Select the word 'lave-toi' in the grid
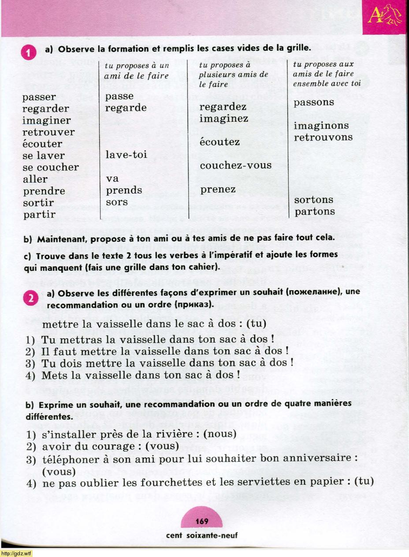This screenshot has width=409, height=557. click(126, 155)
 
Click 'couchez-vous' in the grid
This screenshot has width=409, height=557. click(235, 166)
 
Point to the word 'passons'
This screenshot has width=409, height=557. click(314, 102)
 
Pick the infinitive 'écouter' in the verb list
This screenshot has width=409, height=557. click(42, 144)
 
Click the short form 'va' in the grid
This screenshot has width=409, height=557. click(112, 179)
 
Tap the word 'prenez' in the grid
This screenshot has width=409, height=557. click(218, 190)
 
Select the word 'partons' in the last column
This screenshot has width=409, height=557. click(315, 212)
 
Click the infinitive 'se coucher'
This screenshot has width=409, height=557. click(50, 168)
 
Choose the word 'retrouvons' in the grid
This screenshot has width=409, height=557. click(323, 137)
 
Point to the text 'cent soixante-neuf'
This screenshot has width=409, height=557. click(202, 535)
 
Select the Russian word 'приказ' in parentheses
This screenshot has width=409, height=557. click(193, 305)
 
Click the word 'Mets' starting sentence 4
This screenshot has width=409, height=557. click(53, 376)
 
